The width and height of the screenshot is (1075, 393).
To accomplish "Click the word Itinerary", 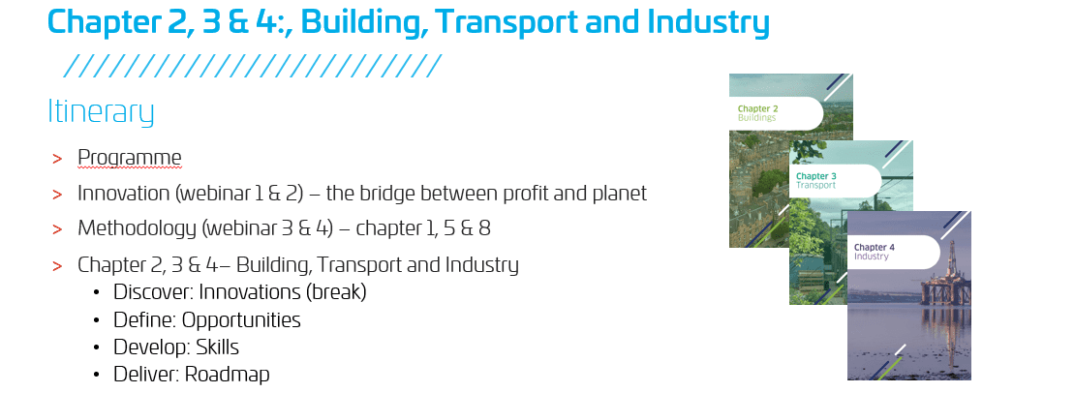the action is [x=101, y=112].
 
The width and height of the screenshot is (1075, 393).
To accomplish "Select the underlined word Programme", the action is [x=130, y=158].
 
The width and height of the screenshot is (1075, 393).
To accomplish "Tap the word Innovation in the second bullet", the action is [x=124, y=193].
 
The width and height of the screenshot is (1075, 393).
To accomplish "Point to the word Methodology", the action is [x=138, y=228].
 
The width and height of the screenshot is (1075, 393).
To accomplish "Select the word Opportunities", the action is [x=241, y=320].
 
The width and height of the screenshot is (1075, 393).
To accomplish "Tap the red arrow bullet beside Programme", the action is [x=57, y=159].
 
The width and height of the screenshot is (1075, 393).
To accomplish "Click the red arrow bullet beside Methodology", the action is [x=57, y=228].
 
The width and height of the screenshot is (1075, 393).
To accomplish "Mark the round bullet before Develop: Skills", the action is [x=98, y=348].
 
